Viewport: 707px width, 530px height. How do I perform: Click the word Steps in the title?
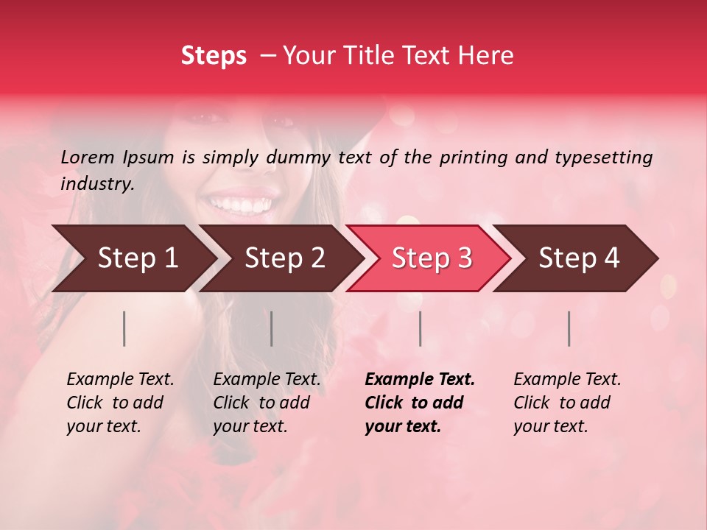[214, 56]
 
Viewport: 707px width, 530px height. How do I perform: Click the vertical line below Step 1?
[124, 328]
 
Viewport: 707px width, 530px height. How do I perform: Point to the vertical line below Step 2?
[272, 328]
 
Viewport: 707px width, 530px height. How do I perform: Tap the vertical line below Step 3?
[420, 328]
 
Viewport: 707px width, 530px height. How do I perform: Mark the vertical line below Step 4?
[569, 328]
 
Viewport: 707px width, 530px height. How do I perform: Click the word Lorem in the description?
[88, 158]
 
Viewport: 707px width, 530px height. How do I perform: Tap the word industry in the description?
[96, 184]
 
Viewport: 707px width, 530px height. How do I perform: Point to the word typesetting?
[603, 158]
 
